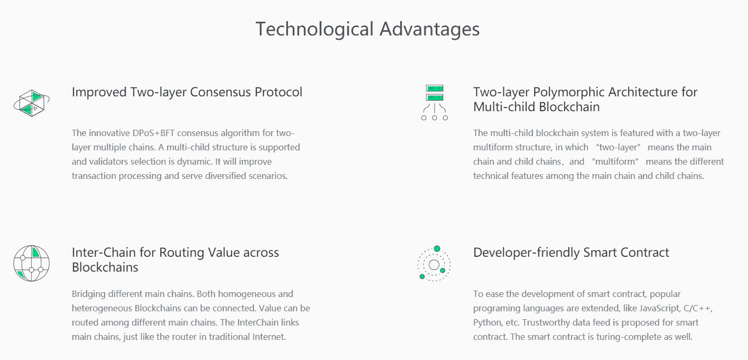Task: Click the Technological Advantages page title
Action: click(x=368, y=29)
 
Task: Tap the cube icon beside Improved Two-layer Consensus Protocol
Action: click(x=32, y=103)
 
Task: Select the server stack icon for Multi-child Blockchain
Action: click(x=435, y=103)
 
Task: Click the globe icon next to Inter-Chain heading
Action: click(x=31, y=263)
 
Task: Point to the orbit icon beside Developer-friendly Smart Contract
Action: click(x=434, y=264)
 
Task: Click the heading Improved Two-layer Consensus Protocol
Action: click(x=187, y=92)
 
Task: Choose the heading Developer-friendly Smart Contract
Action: click(x=571, y=253)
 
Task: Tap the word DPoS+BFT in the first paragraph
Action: click(x=154, y=133)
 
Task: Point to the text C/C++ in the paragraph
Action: click(x=698, y=308)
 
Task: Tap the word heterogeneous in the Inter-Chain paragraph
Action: click(x=102, y=308)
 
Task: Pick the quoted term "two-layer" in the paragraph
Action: click(x=618, y=147)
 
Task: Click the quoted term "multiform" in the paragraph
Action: click(x=615, y=161)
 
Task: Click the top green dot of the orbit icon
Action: click(x=437, y=249)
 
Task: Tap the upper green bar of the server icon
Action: click(x=435, y=88)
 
